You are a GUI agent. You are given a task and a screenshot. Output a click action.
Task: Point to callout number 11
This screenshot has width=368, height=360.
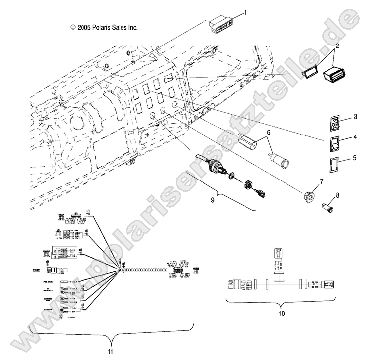point(111,352)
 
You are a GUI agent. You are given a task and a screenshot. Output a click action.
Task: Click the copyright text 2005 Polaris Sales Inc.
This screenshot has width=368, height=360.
point(104,28)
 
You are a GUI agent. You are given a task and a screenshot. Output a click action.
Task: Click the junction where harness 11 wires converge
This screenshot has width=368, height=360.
point(121,270)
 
